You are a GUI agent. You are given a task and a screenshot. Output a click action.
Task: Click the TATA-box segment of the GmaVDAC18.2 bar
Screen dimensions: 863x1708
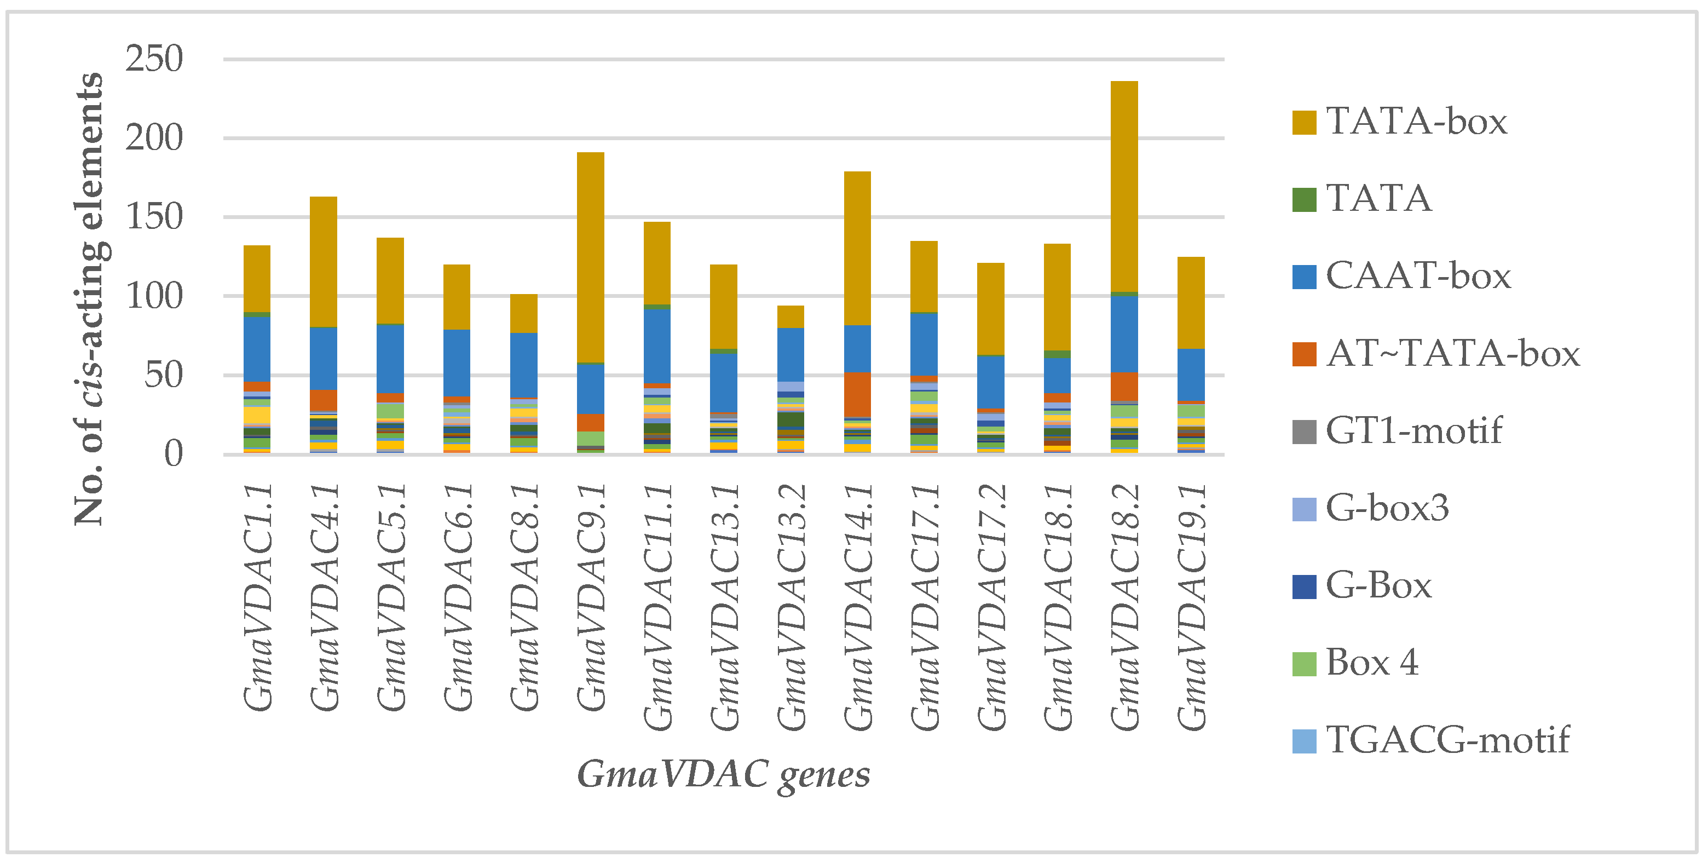pos(1124,186)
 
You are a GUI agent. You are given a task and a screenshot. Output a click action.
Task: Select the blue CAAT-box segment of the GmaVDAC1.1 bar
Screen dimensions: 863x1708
pos(257,349)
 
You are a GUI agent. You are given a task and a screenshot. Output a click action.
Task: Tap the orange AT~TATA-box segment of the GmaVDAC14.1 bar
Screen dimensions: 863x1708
pos(857,395)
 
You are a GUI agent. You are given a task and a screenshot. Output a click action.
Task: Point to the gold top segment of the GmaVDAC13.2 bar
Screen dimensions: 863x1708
pos(790,317)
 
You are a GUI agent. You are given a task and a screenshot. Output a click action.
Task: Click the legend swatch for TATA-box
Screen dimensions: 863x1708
pos(1303,123)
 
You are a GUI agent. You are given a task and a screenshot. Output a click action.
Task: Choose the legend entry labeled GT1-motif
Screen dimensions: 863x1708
pos(1413,431)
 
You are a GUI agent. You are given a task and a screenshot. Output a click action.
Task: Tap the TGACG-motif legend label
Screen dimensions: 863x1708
pos(1447,740)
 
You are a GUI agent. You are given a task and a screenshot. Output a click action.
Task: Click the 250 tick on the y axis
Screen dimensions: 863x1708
pos(154,59)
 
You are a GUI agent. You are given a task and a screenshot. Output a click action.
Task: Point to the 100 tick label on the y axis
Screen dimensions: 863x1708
pos(154,296)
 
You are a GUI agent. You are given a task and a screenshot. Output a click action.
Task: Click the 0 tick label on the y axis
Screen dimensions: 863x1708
pos(173,455)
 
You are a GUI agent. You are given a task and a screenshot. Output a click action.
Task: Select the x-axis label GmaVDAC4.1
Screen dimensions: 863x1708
pos(325,597)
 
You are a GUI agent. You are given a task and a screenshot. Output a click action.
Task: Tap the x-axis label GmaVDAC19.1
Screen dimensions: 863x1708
pos(1191,607)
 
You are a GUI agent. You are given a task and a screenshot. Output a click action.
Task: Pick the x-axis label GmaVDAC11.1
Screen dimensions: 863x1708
pos(659,607)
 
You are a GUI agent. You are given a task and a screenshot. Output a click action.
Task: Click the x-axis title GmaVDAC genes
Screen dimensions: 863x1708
pos(723,775)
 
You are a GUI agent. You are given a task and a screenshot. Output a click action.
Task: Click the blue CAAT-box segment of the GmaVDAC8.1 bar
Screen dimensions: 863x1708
pos(523,365)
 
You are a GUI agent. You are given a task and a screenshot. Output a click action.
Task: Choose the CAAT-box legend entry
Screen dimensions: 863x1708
pos(1418,277)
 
